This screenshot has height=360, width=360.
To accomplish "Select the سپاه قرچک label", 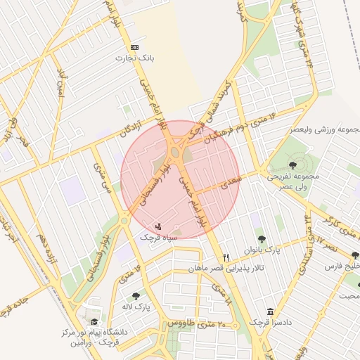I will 158,238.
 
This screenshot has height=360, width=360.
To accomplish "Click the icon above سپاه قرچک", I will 158,227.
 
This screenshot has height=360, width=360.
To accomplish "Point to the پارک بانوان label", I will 262,250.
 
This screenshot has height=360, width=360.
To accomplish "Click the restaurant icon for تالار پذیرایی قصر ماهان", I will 226,257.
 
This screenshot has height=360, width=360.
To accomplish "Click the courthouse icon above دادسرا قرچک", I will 270,312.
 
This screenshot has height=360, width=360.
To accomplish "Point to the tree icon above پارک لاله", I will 136,296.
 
